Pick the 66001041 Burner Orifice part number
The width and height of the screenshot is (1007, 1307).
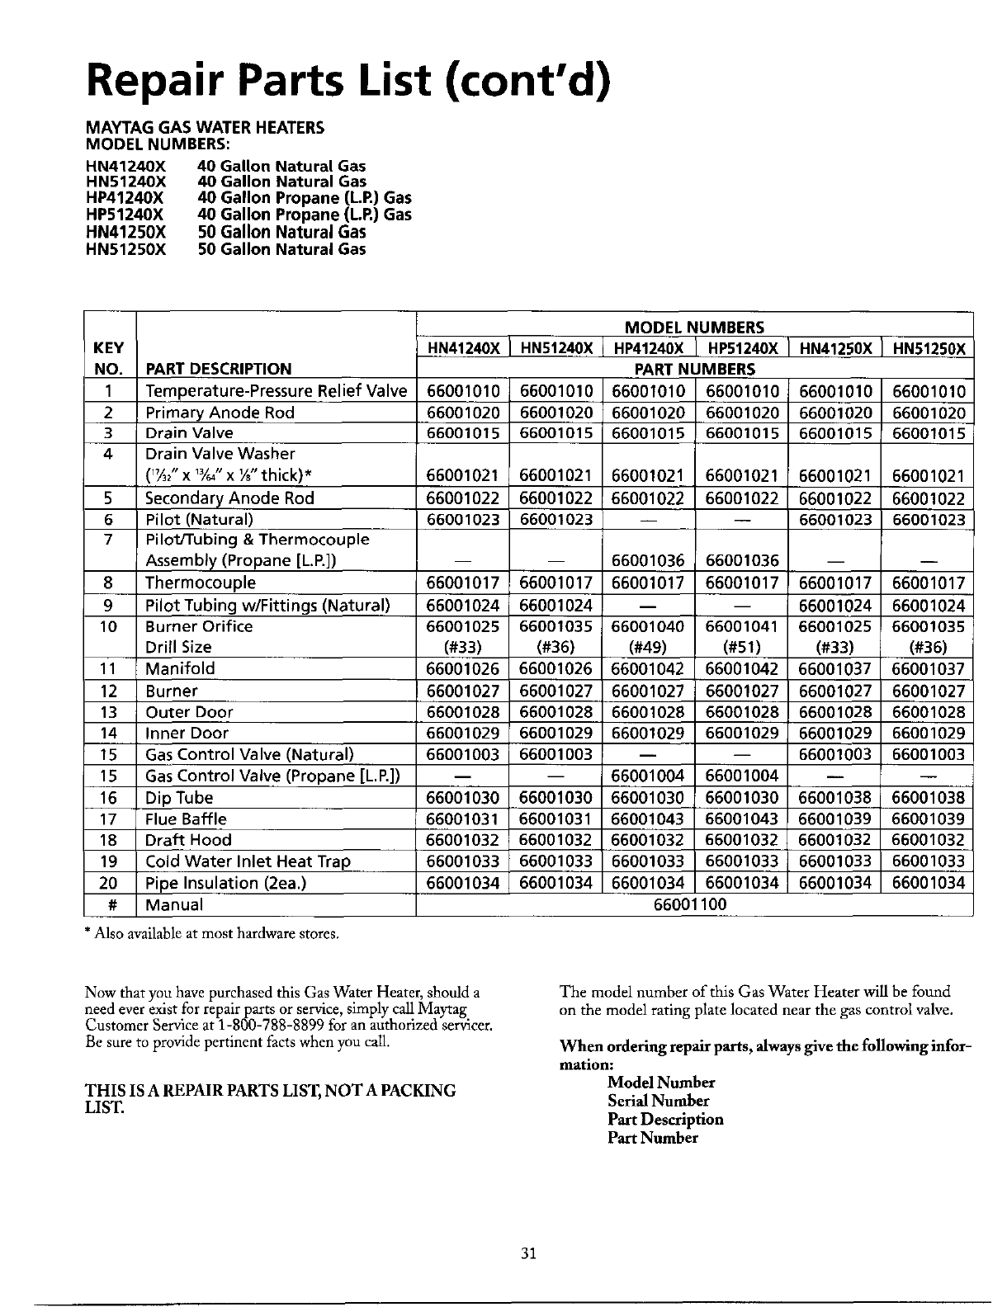click(x=742, y=626)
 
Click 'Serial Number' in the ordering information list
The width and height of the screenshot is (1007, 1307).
click(x=658, y=1101)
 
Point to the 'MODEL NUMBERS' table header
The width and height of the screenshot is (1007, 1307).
click(x=694, y=327)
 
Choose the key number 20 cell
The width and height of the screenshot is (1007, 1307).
click(x=110, y=883)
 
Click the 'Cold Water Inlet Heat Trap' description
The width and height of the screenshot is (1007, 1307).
click(x=248, y=861)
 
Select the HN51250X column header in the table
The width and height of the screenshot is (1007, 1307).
click(x=929, y=348)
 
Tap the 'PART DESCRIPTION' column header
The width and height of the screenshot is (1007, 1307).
click(x=219, y=369)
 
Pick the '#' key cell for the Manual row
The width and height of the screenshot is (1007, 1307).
click(x=110, y=904)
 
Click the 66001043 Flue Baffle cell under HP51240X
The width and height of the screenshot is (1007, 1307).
click(x=742, y=819)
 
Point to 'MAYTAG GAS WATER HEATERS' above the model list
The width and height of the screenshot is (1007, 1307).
click(x=206, y=128)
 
